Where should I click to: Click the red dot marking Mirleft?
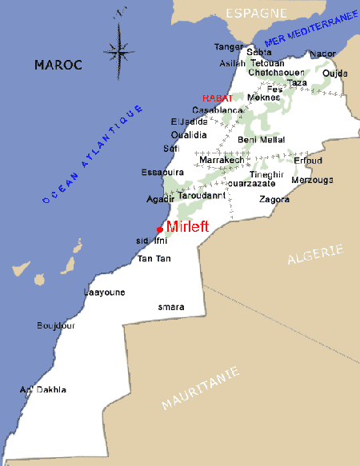160,229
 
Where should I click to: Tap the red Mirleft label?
187,226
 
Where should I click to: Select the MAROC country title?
58,65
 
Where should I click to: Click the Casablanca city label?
217,110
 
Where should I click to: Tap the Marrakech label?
221,160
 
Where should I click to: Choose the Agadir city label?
161,199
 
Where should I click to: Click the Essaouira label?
162,172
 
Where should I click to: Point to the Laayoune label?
105,293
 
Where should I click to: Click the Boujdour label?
54,325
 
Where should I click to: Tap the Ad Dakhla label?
43,389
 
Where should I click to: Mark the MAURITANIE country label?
200,388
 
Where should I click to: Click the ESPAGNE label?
256,14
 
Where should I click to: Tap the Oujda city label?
334,73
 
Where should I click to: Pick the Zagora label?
274,199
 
